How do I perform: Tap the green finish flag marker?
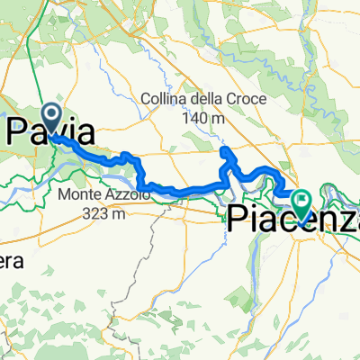pos(303,201)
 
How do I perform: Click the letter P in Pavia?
pos(20,134)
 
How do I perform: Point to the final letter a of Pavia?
pos(85,135)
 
